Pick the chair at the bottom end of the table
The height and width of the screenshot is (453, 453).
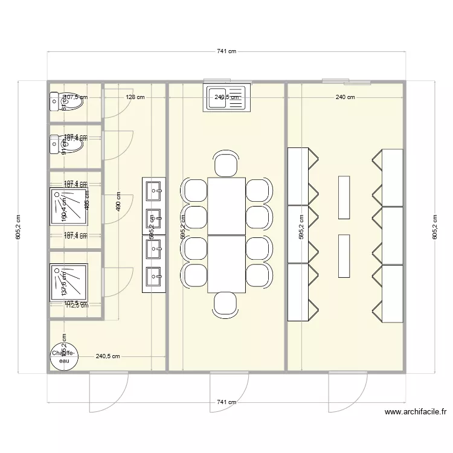(225, 303)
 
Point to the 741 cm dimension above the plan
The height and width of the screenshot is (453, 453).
(226, 52)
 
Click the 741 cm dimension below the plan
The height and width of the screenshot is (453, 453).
(226, 402)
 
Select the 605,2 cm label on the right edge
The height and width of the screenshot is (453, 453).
(434, 228)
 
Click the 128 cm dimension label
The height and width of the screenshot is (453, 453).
(135, 97)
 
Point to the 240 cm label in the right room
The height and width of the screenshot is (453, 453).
(345, 97)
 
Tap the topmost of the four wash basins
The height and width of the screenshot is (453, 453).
(153, 190)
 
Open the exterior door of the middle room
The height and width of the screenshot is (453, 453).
(228, 393)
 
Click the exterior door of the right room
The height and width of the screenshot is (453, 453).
(347, 393)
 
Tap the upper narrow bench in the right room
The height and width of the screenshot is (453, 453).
(344, 197)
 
